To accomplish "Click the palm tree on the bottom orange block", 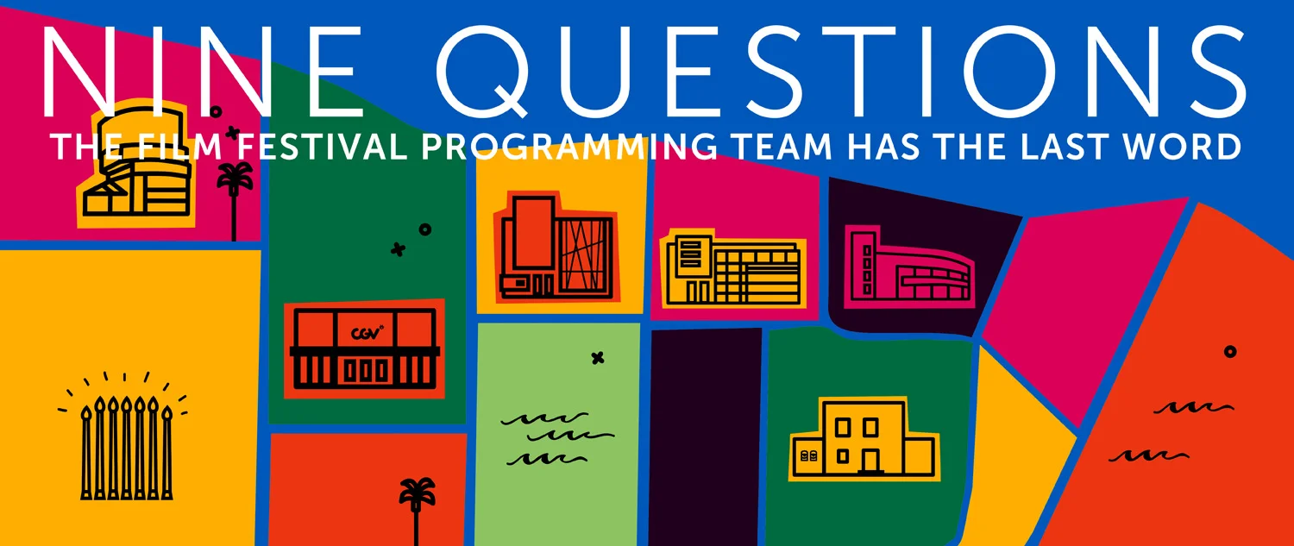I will [416, 509].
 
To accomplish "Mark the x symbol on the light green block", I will [597, 358].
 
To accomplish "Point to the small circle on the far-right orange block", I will [1230, 351].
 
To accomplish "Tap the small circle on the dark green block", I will [424, 229].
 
